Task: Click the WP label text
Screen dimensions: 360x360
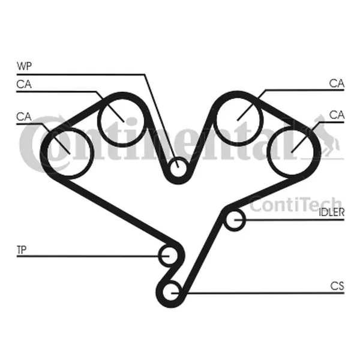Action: click(x=24, y=66)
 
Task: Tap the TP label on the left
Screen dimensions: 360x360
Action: click(x=22, y=250)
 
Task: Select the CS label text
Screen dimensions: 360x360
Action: click(x=337, y=286)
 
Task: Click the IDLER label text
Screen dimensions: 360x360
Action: click(x=332, y=212)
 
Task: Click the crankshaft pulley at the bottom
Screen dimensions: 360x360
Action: click(x=171, y=292)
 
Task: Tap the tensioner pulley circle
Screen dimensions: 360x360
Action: click(x=169, y=256)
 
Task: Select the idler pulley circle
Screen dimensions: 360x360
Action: click(x=234, y=220)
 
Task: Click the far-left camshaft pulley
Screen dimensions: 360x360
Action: click(x=68, y=152)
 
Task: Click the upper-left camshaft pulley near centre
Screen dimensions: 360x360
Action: click(x=122, y=122)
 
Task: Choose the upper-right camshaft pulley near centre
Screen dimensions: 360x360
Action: click(x=238, y=120)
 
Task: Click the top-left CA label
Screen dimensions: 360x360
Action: click(x=24, y=84)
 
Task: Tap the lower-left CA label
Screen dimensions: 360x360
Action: click(x=24, y=116)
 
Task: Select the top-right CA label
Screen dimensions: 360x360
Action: click(x=337, y=83)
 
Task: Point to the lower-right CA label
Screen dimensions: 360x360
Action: click(x=337, y=115)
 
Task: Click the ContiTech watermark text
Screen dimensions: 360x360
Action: click(x=296, y=205)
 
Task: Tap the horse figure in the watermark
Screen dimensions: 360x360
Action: click(x=326, y=137)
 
